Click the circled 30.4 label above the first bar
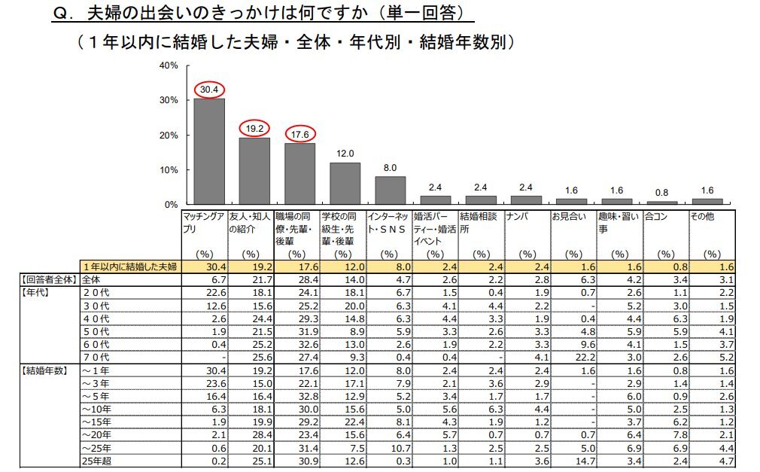coord(209,90)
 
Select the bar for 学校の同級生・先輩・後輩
coord(345,184)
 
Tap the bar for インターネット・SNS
coord(390,190)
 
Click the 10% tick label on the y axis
coord(169,170)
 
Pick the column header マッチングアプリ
coord(203,222)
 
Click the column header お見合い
coord(566,216)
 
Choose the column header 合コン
coord(656,216)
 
